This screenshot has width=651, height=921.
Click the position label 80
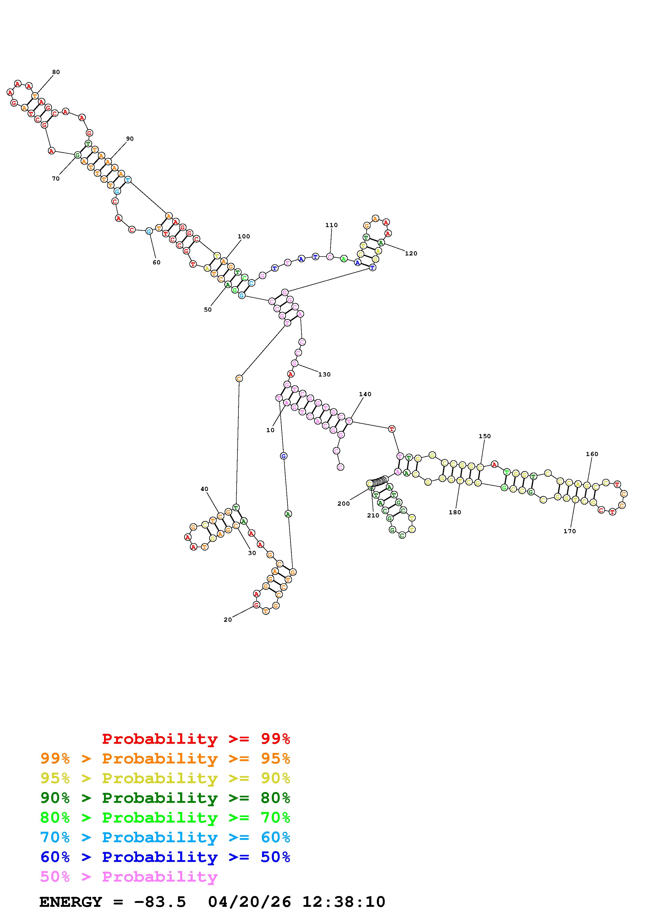(56, 72)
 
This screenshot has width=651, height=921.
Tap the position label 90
(129, 139)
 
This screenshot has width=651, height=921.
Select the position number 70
(56, 179)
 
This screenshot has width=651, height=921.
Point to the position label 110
(331, 225)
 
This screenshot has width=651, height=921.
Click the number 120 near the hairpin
(411, 254)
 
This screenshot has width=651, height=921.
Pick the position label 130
(324, 375)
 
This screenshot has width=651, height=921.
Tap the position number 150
(485, 436)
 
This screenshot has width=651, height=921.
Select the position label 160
(592, 454)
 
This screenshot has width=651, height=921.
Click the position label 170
(569, 531)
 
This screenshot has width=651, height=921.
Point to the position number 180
(455, 512)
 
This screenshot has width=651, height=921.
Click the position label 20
(227, 620)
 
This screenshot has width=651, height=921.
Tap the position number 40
(204, 489)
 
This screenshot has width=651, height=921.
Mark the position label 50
(207, 310)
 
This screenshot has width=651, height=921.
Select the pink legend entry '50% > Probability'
(128, 877)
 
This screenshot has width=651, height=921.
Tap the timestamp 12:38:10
(343, 902)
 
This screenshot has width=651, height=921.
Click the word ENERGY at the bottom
(71, 902)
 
